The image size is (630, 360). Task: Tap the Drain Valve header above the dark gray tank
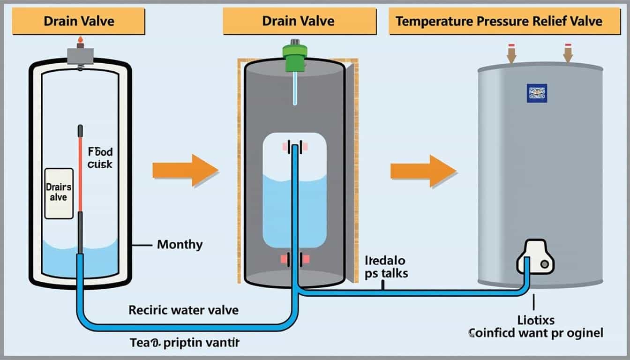click(x=299, y=21)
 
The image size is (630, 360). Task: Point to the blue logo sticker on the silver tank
click(x=537, y=93)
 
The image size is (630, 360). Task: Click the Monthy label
click(x=180, y=244)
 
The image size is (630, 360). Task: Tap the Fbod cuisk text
click(x=100, y=159)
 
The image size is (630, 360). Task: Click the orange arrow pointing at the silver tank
click(x=423, y=172)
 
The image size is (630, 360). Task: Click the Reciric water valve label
click(x=183, y=310)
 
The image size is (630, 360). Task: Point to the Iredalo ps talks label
click(x=385, y=267)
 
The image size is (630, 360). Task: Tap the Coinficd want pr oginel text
click(x=535, y=333)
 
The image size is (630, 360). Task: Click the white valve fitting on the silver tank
click(x=534, y=256)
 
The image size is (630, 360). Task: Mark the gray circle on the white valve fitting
click(x=544, y=264)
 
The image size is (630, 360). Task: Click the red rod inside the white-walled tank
click(x=80, y=173)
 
